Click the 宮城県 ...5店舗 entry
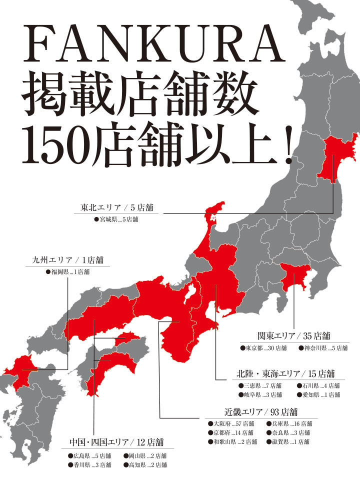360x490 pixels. [116, 219]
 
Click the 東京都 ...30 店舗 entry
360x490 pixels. [263, 347]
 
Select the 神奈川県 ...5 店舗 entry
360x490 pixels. [323, 347]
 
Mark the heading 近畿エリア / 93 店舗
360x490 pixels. [261, 412]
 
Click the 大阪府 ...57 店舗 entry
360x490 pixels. [231, 424]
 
